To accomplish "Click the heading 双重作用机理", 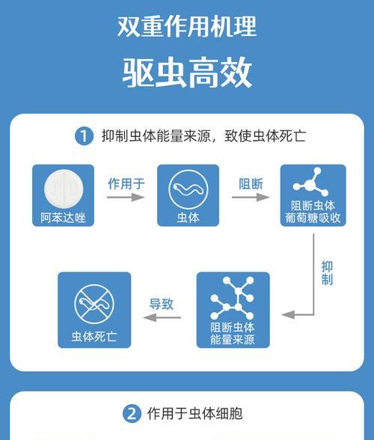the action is [x=187, y=27].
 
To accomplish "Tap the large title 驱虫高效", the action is [x=187, y=73].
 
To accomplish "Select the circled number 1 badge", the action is [x=84, y=136].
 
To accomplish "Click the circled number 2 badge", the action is [x=132, y=414].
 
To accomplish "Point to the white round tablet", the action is [x=64, y=189].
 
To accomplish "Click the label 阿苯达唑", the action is [x=63, y=218].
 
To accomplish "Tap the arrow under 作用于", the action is [x=126, y=198].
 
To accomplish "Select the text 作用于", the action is [x=126, y=184].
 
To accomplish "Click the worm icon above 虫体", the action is [x=188, y=189].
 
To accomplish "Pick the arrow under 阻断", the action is [x=251, y=198].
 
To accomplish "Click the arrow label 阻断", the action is [x=251, y=184].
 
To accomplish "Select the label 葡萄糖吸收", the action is [x=313, y=218].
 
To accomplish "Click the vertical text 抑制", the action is [x=327, y=273].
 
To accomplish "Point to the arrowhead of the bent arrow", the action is [x=282, y=314].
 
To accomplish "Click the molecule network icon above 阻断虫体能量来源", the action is [x=233, y=298].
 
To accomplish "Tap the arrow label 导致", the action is [x=162, y=304].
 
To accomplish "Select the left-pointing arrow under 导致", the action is [x=162, y=317].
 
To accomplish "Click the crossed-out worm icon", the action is [x=94, y=304].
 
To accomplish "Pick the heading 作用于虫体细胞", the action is [x=195, y=414].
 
